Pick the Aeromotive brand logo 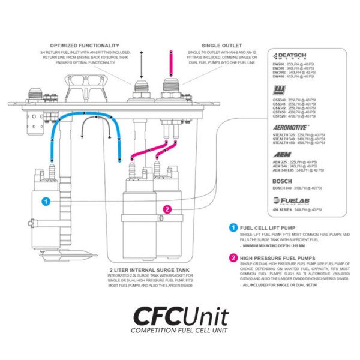290,128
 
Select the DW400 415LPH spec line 293,77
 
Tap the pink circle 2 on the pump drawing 168,209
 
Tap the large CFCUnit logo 180,316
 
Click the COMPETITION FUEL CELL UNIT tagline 180,331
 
